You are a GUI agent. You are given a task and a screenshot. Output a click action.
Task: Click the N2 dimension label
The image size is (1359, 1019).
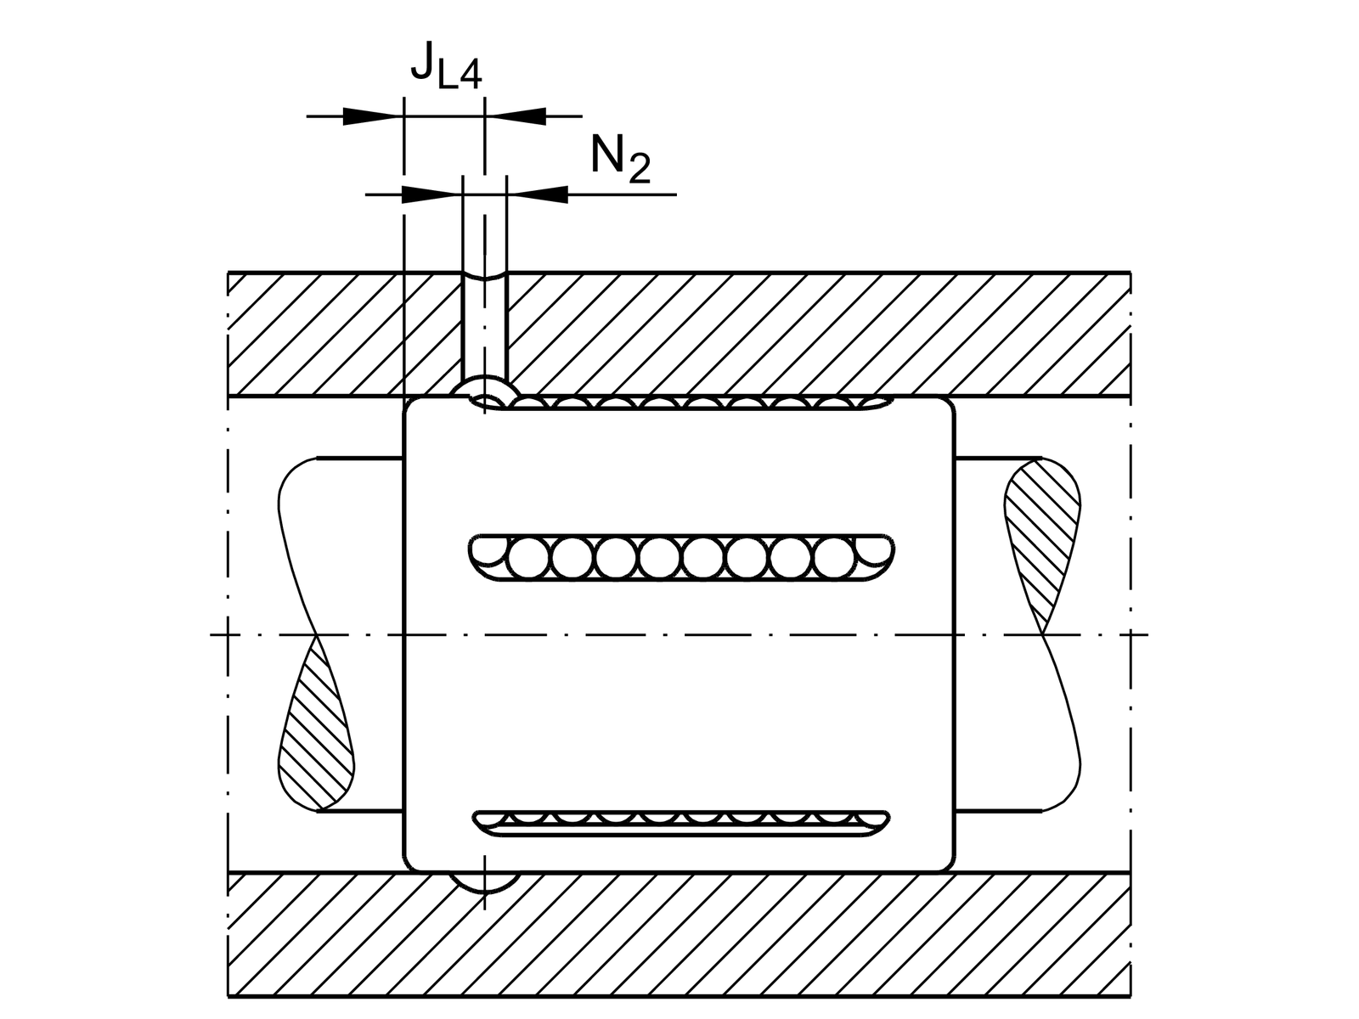pos(620,159)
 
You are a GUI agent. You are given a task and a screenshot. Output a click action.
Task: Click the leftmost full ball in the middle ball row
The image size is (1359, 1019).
pos(527,557)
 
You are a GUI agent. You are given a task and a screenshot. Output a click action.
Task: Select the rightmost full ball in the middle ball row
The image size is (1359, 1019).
pos(833,557)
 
